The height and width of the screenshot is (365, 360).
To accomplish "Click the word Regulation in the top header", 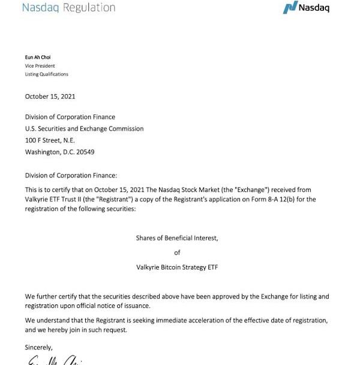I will click(x=85, y=8).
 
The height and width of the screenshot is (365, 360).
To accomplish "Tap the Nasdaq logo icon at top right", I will click(x=290, y=8).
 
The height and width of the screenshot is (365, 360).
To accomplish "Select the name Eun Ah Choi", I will click(x=38, y=58).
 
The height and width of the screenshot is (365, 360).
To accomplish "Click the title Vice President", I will click(x=40, y=66).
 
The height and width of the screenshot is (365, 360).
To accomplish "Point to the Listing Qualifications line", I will click(x=46, y=74).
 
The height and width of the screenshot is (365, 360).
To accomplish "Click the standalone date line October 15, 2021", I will click(x=50, y=96).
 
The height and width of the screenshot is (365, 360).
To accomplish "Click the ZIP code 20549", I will click(x=84, y=152).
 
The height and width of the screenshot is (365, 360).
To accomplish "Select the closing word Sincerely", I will click(x=38, y=348).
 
